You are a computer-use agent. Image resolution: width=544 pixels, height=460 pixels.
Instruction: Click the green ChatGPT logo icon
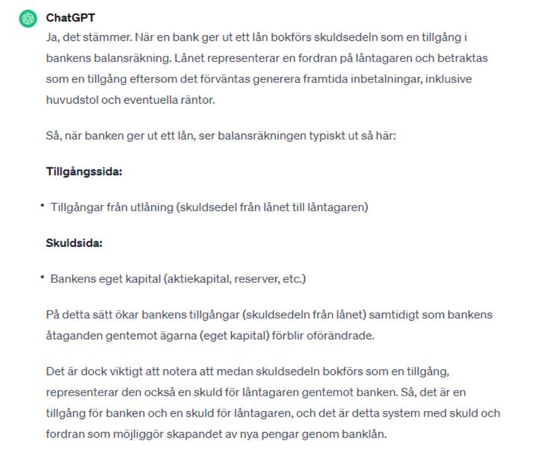pos(27,19)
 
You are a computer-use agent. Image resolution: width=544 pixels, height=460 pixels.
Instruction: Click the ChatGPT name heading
pos(71,18)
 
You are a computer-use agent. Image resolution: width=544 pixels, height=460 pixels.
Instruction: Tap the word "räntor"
pos(198,100)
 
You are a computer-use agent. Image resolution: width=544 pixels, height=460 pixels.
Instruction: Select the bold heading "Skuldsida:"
pos(74,243)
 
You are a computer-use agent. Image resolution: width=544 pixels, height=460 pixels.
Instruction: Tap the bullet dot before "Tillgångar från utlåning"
pos(43,207)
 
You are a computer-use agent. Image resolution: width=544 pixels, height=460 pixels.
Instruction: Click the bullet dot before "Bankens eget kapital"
pos(43,278)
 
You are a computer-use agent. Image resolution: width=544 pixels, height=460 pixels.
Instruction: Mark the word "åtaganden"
pos(69,335)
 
